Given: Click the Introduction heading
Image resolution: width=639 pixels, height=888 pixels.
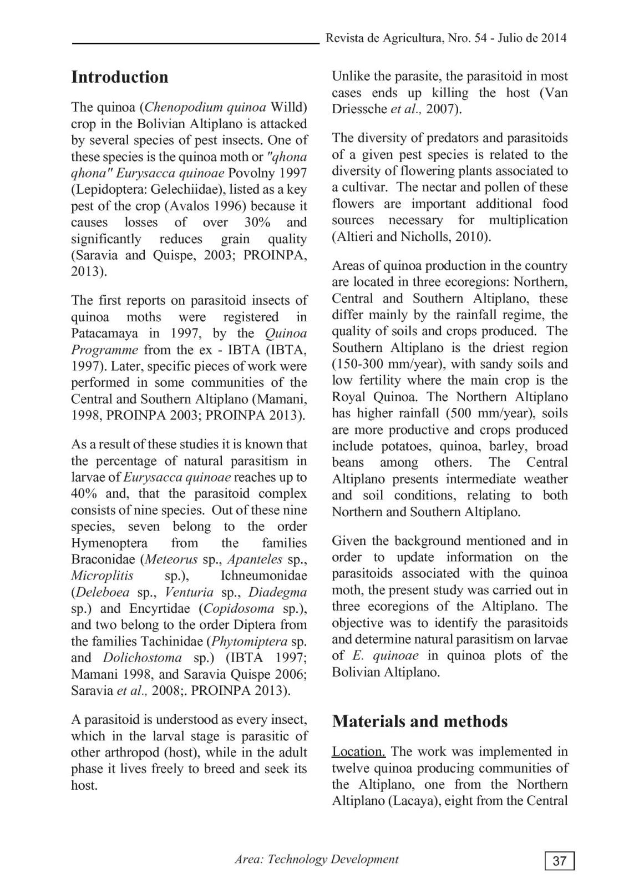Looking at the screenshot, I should pyautogui.click(x=119, y=77).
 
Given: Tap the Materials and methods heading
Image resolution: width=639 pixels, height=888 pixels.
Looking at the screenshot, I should pyautogui.click(x=419, y=721).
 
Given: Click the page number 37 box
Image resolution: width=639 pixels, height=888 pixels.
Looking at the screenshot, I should pyautogui.click(x=560, y=861).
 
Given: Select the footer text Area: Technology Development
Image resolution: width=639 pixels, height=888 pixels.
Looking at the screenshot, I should pyautogui.click(x=316, y=859).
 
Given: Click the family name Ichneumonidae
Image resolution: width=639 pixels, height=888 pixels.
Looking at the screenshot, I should pyautogui.click(x=263, y=576).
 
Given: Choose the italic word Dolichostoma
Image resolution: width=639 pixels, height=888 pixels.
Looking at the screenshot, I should pyautogui.click(x=142, y=658).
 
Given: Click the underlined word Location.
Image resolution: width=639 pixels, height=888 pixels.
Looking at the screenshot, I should pyautogui.click(x=358, y=751).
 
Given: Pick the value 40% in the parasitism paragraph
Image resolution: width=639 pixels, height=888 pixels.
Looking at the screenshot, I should pyautogui.click(x=84, y=493).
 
